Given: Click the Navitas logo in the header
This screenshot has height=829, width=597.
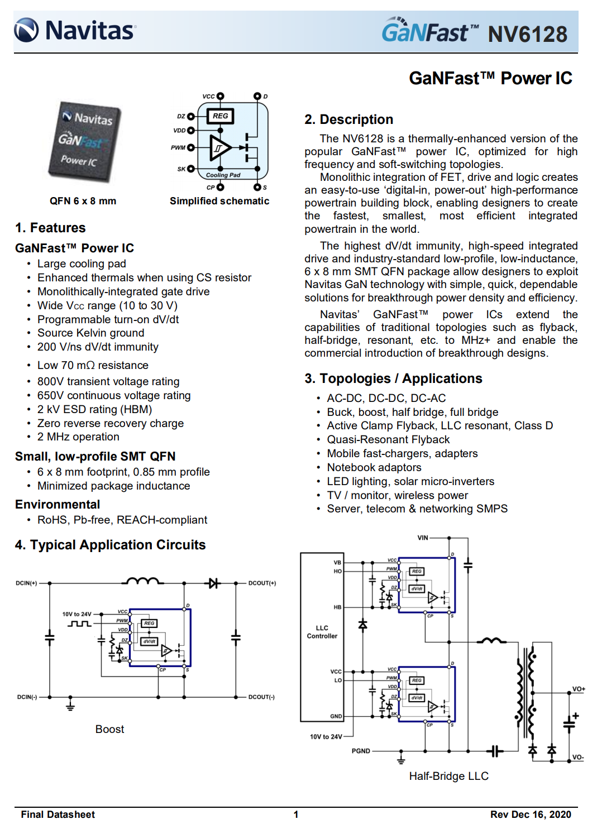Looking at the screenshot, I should (75, 30).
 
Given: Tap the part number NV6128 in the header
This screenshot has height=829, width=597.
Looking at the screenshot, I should (527, 34).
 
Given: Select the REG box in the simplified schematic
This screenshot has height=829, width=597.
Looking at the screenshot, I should (220, 116).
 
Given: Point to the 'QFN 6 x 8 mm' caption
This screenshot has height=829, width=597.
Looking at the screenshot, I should (83, 201).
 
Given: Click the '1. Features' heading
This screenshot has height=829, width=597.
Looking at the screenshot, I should (50, 228).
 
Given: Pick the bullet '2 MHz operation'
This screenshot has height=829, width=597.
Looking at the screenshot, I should (78, 437).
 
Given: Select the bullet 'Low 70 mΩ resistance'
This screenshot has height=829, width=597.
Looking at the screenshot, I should (93, 365).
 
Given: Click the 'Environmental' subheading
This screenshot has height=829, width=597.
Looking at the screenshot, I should (58, 505).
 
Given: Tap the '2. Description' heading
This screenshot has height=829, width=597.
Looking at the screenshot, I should (348, 119).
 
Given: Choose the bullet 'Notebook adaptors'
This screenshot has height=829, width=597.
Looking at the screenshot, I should (374, 467).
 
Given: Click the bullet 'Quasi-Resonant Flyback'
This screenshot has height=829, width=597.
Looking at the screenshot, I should (388, 439).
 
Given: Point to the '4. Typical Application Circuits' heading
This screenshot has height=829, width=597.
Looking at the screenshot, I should (110, 545).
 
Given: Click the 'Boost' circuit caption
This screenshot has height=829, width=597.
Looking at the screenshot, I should (109, 729).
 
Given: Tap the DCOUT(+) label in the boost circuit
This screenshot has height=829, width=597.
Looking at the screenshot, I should (262, 583).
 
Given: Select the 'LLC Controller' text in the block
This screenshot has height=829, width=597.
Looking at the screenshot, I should (322, 632).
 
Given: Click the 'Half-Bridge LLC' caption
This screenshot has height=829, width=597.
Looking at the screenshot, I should (448, 776).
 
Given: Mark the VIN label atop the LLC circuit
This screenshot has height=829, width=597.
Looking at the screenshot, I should (423, 538).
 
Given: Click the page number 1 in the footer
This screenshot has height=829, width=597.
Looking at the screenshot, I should (296, 814).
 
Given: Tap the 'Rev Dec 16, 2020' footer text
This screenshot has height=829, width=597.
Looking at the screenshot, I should (531, 814).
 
